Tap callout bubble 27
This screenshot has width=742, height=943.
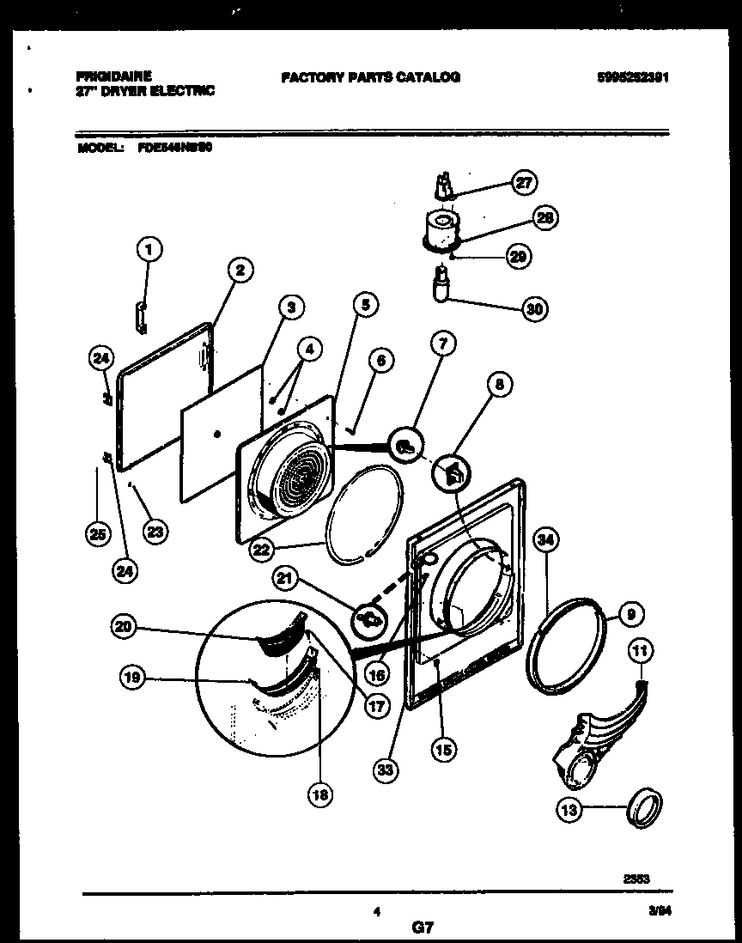[x=522, y=183]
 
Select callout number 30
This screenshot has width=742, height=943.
[x=535, y=308]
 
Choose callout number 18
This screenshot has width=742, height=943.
[x=320, y=795]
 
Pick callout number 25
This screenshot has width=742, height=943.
[x=98, y=534]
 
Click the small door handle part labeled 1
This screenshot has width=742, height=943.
[x=141, y=314]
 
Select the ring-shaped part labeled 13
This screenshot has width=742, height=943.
[x=646, y=810]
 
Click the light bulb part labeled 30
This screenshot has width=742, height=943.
[x=442, y=285]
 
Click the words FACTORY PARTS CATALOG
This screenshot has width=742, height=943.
[x=370, y=77]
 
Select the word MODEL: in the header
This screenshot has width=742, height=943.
[x=96, y=147]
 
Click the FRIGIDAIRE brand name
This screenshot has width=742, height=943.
[x=113, y=76]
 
